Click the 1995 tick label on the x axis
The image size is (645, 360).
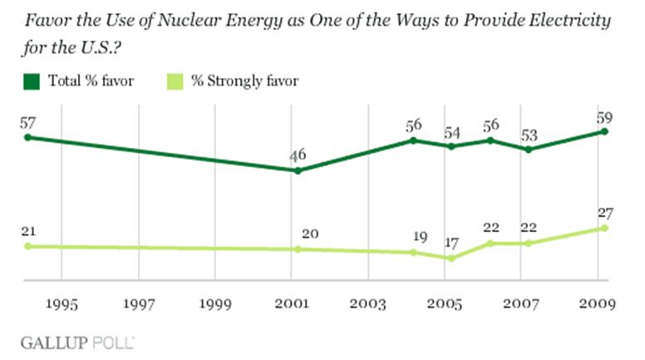pos(62,303)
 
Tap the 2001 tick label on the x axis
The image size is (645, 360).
pos(292,303)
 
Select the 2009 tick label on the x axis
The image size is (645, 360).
pos(598,303)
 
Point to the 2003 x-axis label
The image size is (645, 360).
pos(368,303)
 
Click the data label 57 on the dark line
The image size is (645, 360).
pos(28,122)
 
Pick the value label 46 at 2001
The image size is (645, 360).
pos(298,155)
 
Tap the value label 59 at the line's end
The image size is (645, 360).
pos(604,116)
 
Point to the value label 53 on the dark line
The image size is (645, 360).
pos(528,135)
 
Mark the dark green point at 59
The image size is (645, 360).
pos(604,131)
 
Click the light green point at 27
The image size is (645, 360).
pos(604,228)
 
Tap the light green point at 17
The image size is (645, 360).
pos(451,258)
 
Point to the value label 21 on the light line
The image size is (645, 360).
pos(28,231)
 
